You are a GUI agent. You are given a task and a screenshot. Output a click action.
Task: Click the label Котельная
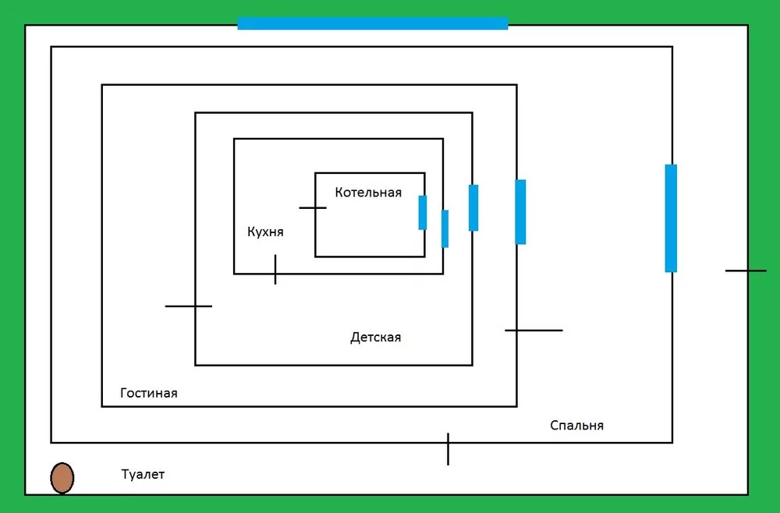point(368,193)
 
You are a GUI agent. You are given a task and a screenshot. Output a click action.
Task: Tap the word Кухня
point(265,232)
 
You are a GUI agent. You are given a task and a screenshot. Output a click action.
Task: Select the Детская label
point(375,338)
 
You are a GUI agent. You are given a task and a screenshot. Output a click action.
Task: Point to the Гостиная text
point(149,393)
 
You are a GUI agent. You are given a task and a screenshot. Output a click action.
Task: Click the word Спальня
point(576,426)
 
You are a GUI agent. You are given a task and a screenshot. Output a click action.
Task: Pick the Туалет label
point(143,474)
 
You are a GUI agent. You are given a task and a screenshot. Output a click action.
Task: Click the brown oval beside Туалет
point(62,478)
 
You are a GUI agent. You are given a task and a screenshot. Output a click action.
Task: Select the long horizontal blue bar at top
point(373,23)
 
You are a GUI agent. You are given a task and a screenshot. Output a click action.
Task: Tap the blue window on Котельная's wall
point(423,213)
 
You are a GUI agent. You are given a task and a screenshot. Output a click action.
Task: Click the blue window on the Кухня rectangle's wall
point(445,228)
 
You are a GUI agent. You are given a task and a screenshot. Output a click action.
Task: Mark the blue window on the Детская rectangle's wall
point(473,207)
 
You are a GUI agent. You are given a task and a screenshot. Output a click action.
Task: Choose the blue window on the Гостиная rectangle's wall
point(520,211)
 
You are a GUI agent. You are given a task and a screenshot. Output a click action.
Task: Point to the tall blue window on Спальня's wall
point(671,218)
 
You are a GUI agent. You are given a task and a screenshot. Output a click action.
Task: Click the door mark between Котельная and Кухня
point(313,208)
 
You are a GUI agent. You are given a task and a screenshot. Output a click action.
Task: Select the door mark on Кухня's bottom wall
point(275,270)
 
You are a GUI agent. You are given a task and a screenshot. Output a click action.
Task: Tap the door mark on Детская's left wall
point(189,306)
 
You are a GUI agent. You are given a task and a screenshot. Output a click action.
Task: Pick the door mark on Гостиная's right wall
point(534,331)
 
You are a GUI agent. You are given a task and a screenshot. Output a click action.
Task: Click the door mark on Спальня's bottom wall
point(448,449)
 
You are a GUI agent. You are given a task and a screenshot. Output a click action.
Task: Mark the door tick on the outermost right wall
point(746,271)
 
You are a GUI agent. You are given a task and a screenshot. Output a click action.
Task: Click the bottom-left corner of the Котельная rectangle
point(316,256)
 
